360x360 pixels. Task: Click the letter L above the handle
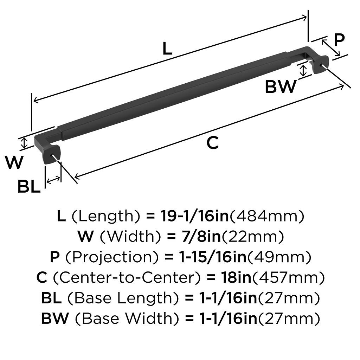[167, 49]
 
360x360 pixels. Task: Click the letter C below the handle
[212, 143]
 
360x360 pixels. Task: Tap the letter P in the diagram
[339, 40]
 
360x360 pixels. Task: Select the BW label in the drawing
[280, 86]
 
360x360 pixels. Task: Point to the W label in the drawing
[14, 162]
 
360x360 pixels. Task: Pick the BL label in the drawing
[29, 187]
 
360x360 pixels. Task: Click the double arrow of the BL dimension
[53, 180]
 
